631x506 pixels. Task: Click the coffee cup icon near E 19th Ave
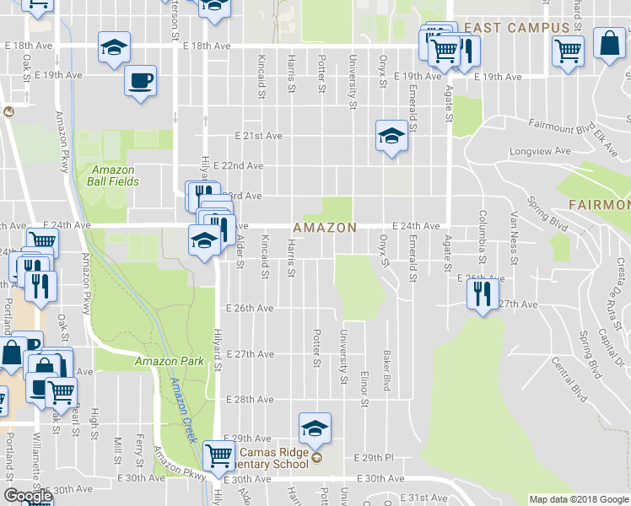[x=140, y=81]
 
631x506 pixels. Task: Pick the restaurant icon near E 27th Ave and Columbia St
[x=482, y=293]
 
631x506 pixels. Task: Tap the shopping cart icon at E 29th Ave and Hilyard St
[x=219, y=456]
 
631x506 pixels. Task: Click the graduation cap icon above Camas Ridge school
[x=315, y=428]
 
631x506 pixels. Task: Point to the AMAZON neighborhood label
[x=325, y=229]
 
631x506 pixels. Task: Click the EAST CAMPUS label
[x=517, y=28]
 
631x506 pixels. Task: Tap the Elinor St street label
[x=365, y=389]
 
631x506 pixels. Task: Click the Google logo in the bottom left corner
[x=28, y=496]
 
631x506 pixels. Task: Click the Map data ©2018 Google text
[x=579, y=499]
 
